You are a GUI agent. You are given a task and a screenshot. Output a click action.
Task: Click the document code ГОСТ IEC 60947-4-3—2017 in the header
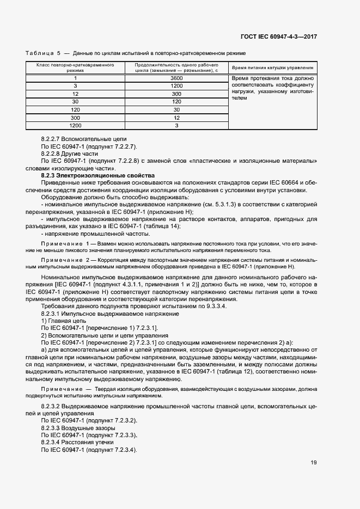pos(278,36)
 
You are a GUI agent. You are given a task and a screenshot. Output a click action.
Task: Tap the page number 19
pos(314,463)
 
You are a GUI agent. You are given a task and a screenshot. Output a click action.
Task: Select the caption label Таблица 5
pos(43,53)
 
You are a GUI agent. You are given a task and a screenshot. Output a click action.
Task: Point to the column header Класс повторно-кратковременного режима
pos(75,68)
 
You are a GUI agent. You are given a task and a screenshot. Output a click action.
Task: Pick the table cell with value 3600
pos(176,78)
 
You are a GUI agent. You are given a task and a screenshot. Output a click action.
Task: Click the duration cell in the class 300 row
pos(176,118)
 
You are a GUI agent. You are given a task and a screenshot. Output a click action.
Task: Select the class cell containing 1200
pos(75,126)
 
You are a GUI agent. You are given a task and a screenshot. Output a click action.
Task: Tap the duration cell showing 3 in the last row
pos(176,126)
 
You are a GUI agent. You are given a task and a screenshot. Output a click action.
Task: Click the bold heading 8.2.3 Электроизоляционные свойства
pos(99,175)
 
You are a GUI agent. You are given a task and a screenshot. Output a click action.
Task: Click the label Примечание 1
pos(64,241)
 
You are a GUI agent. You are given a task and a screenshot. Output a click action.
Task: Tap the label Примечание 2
pos(64,260)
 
